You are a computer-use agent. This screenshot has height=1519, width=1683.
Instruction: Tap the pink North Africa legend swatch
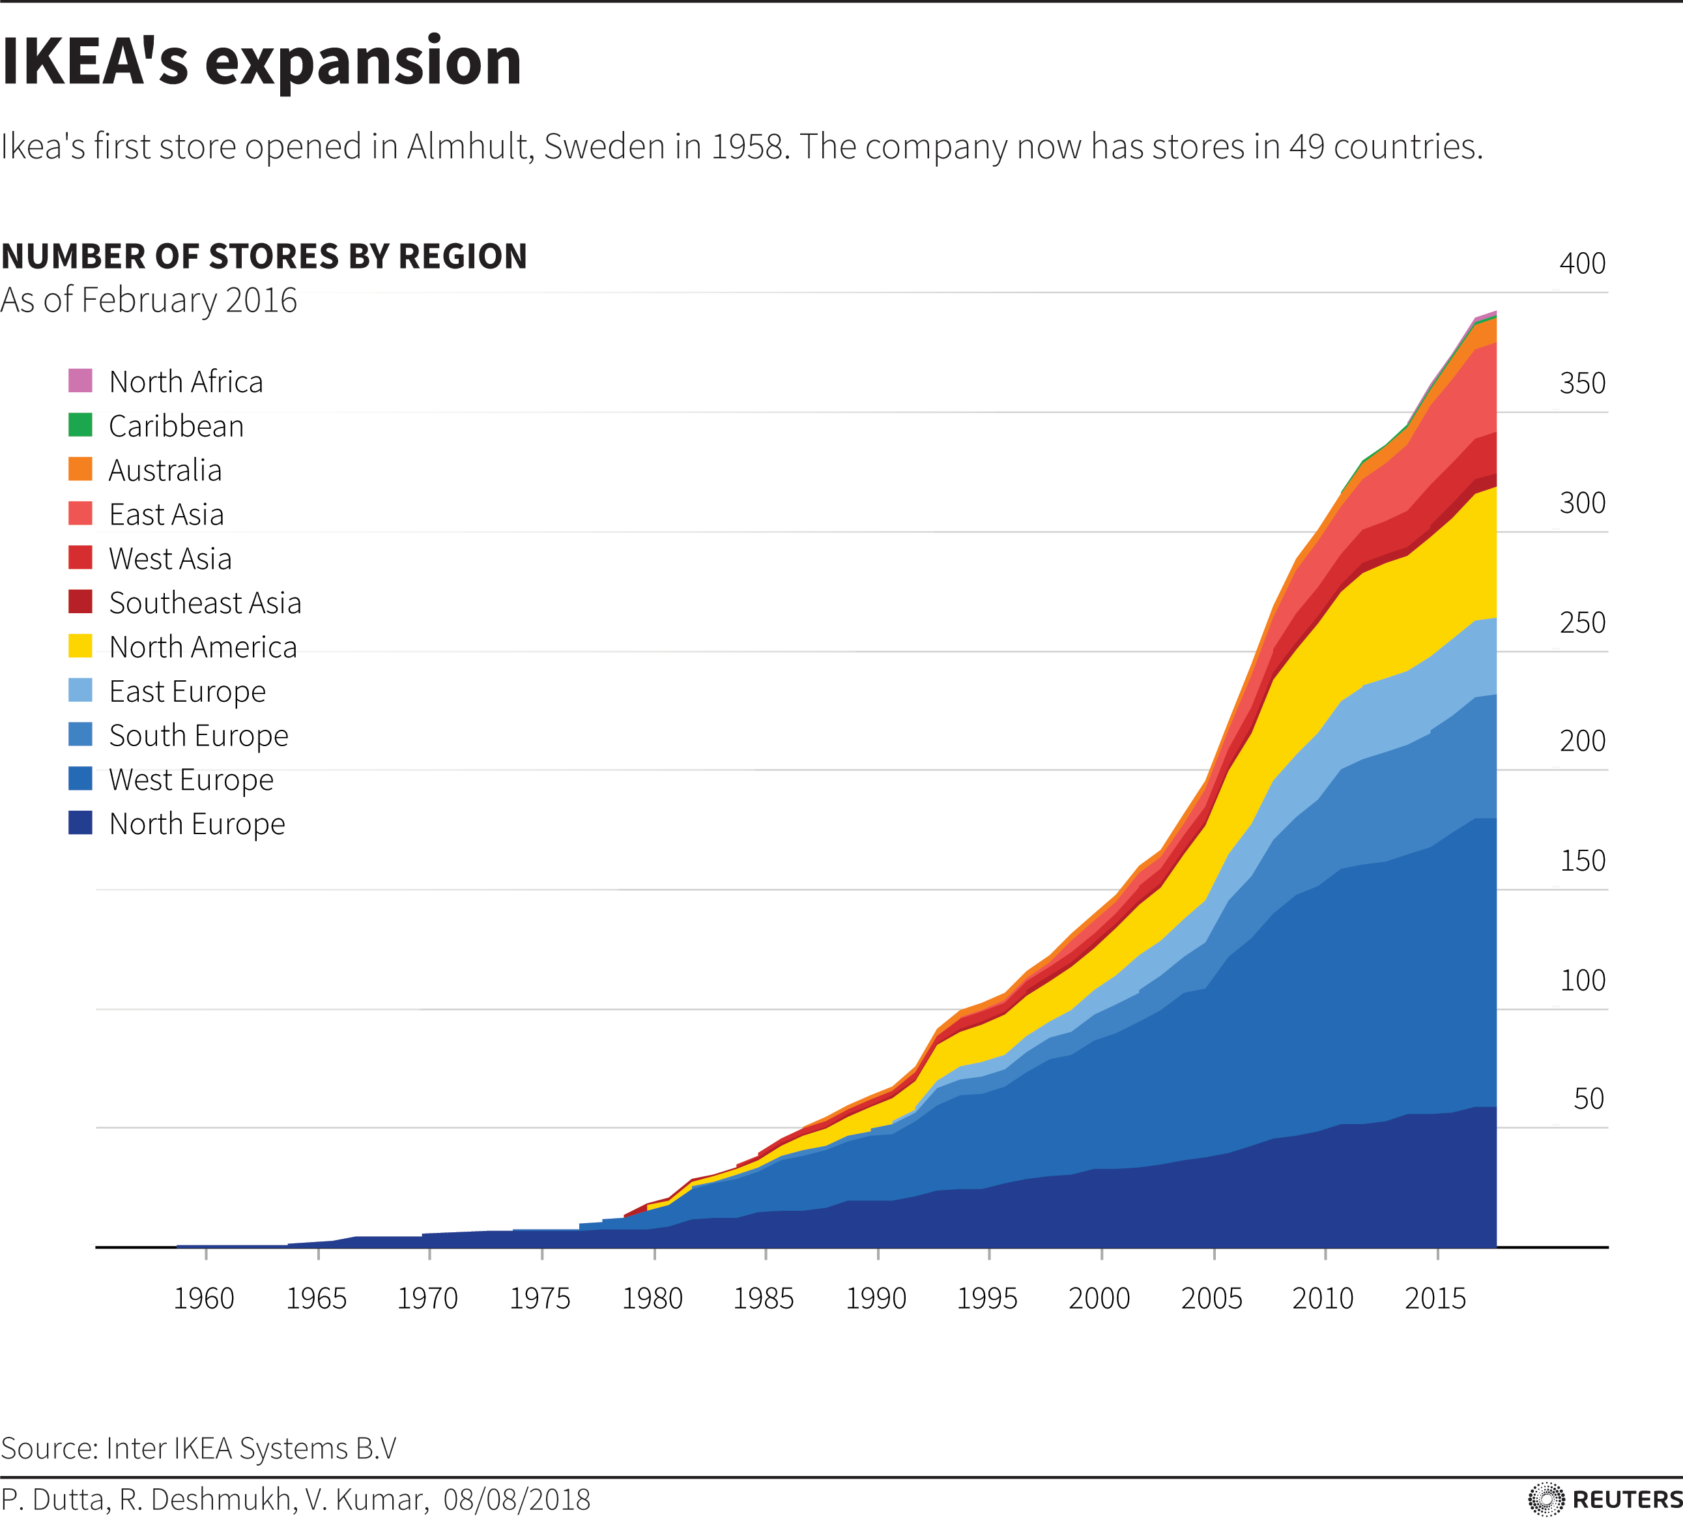tap(80, 381)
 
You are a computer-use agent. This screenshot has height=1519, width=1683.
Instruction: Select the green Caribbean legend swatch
tap(80, 425)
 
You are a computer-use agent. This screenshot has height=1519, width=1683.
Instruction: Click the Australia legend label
tap(165, 470)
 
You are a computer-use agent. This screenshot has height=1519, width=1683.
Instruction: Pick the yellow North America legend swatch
tap(80, 646)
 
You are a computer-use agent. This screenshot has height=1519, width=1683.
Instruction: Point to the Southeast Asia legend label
tap(205, 603)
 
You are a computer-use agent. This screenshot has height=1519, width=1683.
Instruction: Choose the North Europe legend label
tap(197, 824)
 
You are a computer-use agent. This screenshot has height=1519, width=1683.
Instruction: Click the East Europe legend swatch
tap(80, 690)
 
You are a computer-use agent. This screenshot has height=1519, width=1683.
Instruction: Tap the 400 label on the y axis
tap(1582, 264)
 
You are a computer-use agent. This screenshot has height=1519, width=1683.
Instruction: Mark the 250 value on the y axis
tap(1582, 622)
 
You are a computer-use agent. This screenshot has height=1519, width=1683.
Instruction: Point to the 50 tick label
tap(1589, 1099)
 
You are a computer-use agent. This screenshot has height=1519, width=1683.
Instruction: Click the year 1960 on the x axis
tap(203, 1299)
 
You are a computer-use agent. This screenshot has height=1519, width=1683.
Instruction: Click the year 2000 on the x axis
tap(1099, 1299)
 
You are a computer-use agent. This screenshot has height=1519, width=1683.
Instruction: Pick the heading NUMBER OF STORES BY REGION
tap(264, 256)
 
